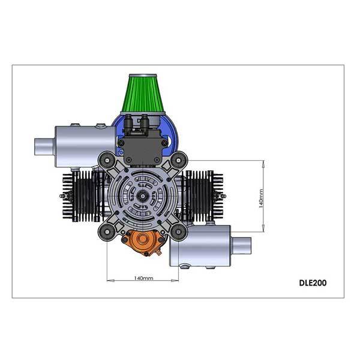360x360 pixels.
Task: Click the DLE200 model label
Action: click(313, 283)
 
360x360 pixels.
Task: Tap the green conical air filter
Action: click(143, 94)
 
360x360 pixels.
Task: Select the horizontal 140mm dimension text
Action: click(143, 278)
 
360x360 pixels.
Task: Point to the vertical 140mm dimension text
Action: click(261, 199)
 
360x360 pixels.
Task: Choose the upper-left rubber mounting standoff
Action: click(107, 160)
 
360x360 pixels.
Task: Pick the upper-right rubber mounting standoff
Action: click(179, 160)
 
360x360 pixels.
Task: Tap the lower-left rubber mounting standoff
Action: click(107, 232)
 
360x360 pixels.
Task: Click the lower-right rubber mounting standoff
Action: click(179, 232)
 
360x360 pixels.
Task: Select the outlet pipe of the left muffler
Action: click(44, 146)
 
